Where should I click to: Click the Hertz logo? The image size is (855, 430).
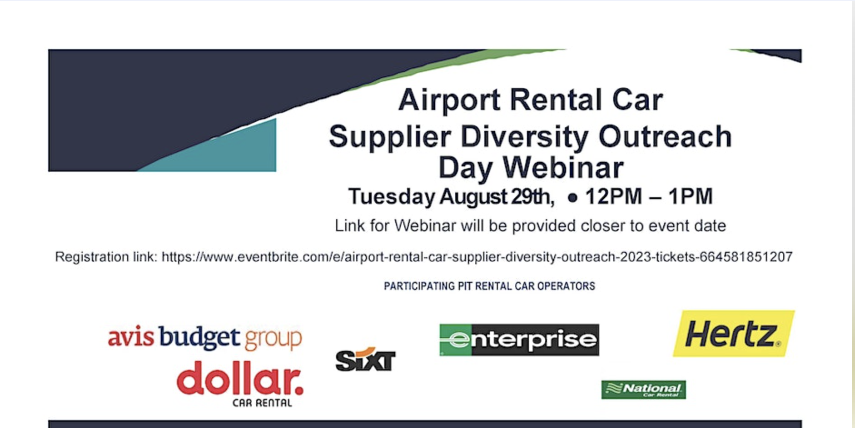pyautogui.click(x=733, y=334)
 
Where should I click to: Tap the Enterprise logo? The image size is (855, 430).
pyautogui.click(x=519, y=340)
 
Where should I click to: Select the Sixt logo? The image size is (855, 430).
pyautogui.click(x=365, y=360)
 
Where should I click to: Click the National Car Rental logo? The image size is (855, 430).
pyautogui.click(x=643, y=390)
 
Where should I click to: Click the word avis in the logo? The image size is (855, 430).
pyautogui.click(x=130, y=338)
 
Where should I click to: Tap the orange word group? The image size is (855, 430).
pyautogui.click(x=273, y=339)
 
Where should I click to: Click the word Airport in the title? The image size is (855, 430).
pyautogui.click(x=449, y=100)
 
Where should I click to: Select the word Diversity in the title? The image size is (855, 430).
pyautogui.click(x=524, y=136)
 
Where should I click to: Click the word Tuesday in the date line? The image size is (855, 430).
pyautogui.click(x=391, y=196)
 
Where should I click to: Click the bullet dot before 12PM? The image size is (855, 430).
pyautogui.click(x=572, y=198)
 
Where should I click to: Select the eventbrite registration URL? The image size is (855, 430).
pyautogui.click(x=477, y=257)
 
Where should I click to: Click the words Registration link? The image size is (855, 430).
pyautogui.click(x=106, y=257)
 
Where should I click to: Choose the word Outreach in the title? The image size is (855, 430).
pyautogui.click(x=665, y=136)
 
